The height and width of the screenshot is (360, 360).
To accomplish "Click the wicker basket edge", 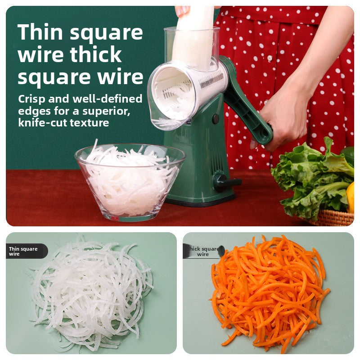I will coord(333,218).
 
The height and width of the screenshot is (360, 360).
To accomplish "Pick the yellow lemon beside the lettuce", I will coord(350,196).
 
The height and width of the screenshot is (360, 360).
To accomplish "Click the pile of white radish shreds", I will coord(92,292).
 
